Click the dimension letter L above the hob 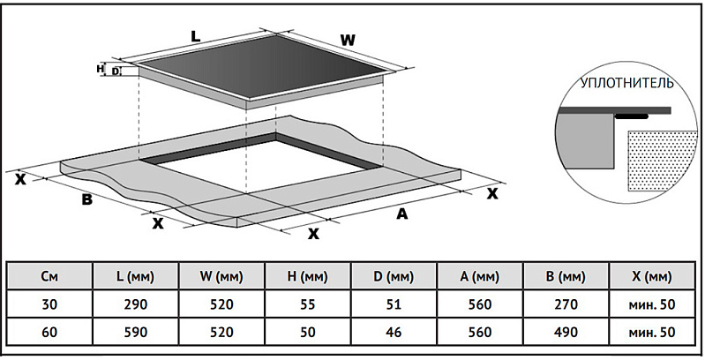[196, 37]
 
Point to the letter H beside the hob [101, 68]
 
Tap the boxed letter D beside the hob [116, 71]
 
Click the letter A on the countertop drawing [402, 214]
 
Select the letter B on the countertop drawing [86, 199]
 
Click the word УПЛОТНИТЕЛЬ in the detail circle [627, 85]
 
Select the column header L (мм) [135, 277]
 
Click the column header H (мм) [308, 277]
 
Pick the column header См [50, 277]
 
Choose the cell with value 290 [135, 304]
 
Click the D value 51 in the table [394, 304]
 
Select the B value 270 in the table [566, 304]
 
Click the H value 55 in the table [308, 304]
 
